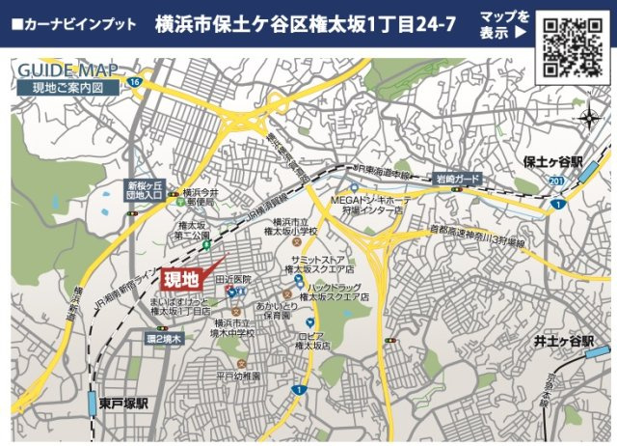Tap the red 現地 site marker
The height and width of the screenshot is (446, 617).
pos(180,280)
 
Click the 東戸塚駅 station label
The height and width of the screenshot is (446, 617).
pos(123,402)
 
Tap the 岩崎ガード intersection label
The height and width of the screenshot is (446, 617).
pos(455,179)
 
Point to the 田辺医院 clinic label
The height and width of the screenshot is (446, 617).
pos(233,280)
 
